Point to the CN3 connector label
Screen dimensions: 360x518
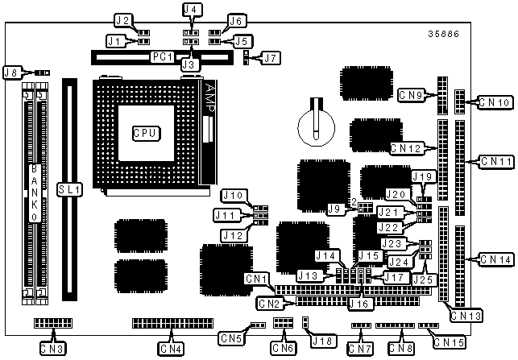click(x=52, y=349)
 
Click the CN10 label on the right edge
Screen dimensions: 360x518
click(x=493, y=102)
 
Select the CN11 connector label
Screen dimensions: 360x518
click(x=495, y=161)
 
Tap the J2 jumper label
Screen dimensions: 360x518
click(x=122, y=19)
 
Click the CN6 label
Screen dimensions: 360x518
click(x=282, y=349)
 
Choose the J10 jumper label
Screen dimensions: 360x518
click(x=233, y=195)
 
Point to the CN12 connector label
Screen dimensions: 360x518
click(x=407, y=148)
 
